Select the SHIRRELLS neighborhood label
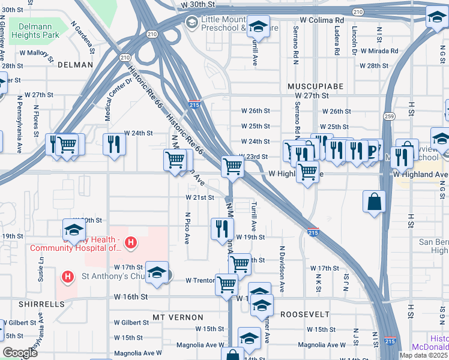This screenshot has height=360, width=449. pos(41,304)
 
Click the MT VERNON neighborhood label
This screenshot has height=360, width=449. pos(178,317)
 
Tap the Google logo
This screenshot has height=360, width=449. pos(20,353)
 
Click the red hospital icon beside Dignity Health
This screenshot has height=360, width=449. pos(130,243)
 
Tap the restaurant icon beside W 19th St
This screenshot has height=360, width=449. pos(221,228)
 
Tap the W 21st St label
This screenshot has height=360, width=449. pos(198,197)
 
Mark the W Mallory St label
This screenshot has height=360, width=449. pos(37,53)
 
